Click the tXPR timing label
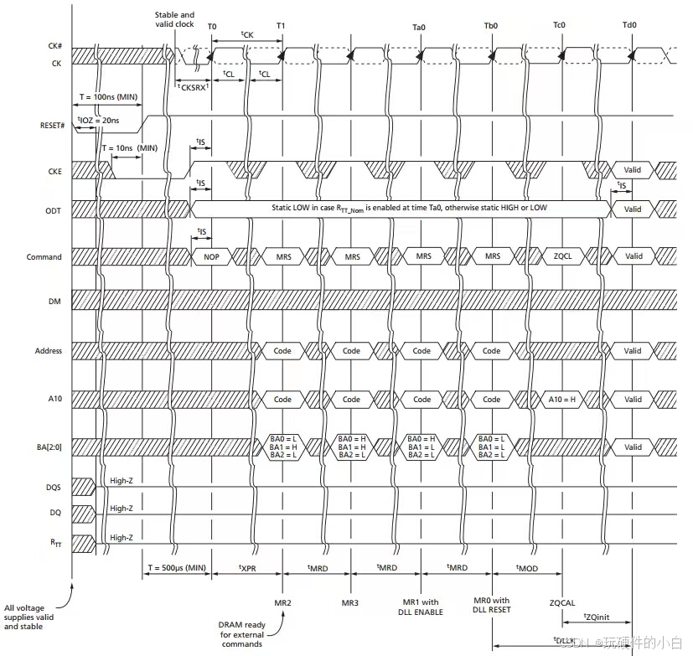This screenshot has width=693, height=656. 246,569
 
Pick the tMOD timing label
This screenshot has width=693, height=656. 528,569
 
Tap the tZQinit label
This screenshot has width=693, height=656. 596,617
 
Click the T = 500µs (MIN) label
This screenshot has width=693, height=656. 177,569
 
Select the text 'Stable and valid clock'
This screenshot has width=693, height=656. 174,19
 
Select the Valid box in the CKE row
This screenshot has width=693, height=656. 633,169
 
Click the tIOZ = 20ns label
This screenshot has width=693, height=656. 98,120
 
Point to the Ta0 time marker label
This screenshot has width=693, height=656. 420,26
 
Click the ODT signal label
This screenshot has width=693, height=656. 52,209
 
